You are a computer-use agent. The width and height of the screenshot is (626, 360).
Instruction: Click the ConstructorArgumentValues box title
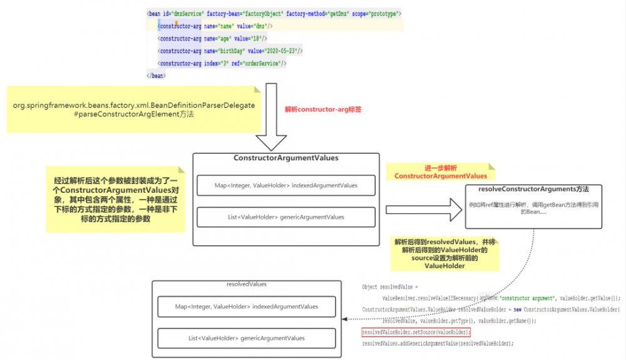tap(285, 158)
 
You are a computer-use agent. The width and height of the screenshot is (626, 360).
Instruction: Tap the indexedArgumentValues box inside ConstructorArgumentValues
tap(285, 185)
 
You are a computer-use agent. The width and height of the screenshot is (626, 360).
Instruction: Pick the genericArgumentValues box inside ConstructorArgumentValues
tap(285, 217)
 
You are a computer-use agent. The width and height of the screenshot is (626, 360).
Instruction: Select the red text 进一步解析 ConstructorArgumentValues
tap(440, 173)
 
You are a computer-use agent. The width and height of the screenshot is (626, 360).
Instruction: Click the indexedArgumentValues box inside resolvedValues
tap(246, 307)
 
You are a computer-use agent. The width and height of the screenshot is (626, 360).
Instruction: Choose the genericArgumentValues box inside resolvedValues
tap(246, 338)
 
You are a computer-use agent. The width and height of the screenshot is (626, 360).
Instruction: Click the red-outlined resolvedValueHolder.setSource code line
tap(416, 331)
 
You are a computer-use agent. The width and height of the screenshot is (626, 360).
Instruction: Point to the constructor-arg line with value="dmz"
tap(215, 26)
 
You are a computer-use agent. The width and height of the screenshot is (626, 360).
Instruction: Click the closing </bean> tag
tap(156, 75)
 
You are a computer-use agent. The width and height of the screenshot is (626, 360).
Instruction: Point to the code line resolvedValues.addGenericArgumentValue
tap(438, 343)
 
